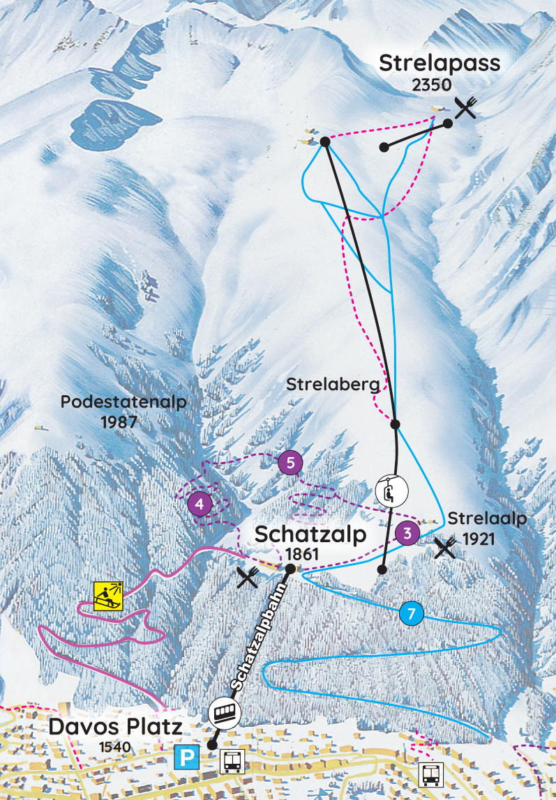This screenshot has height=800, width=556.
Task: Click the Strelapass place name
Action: point(439,63)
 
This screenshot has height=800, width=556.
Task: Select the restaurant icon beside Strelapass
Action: point(466,107)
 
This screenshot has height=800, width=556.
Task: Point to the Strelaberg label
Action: point(333,384)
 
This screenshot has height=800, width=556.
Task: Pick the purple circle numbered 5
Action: point(290,462)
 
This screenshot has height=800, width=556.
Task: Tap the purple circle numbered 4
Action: point(201,503)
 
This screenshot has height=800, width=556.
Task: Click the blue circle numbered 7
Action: point(412,614)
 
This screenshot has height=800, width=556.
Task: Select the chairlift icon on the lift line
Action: point(390,489)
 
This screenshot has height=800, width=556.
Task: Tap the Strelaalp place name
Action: point(486,519)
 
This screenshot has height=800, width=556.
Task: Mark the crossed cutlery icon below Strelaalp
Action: point(445,548)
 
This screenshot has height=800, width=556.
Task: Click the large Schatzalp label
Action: point(310,535)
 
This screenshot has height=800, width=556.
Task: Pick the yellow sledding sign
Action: point(109,595)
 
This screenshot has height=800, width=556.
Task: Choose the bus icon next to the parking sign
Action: point(232,762)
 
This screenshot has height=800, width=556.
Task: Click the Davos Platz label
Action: point(115,728)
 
